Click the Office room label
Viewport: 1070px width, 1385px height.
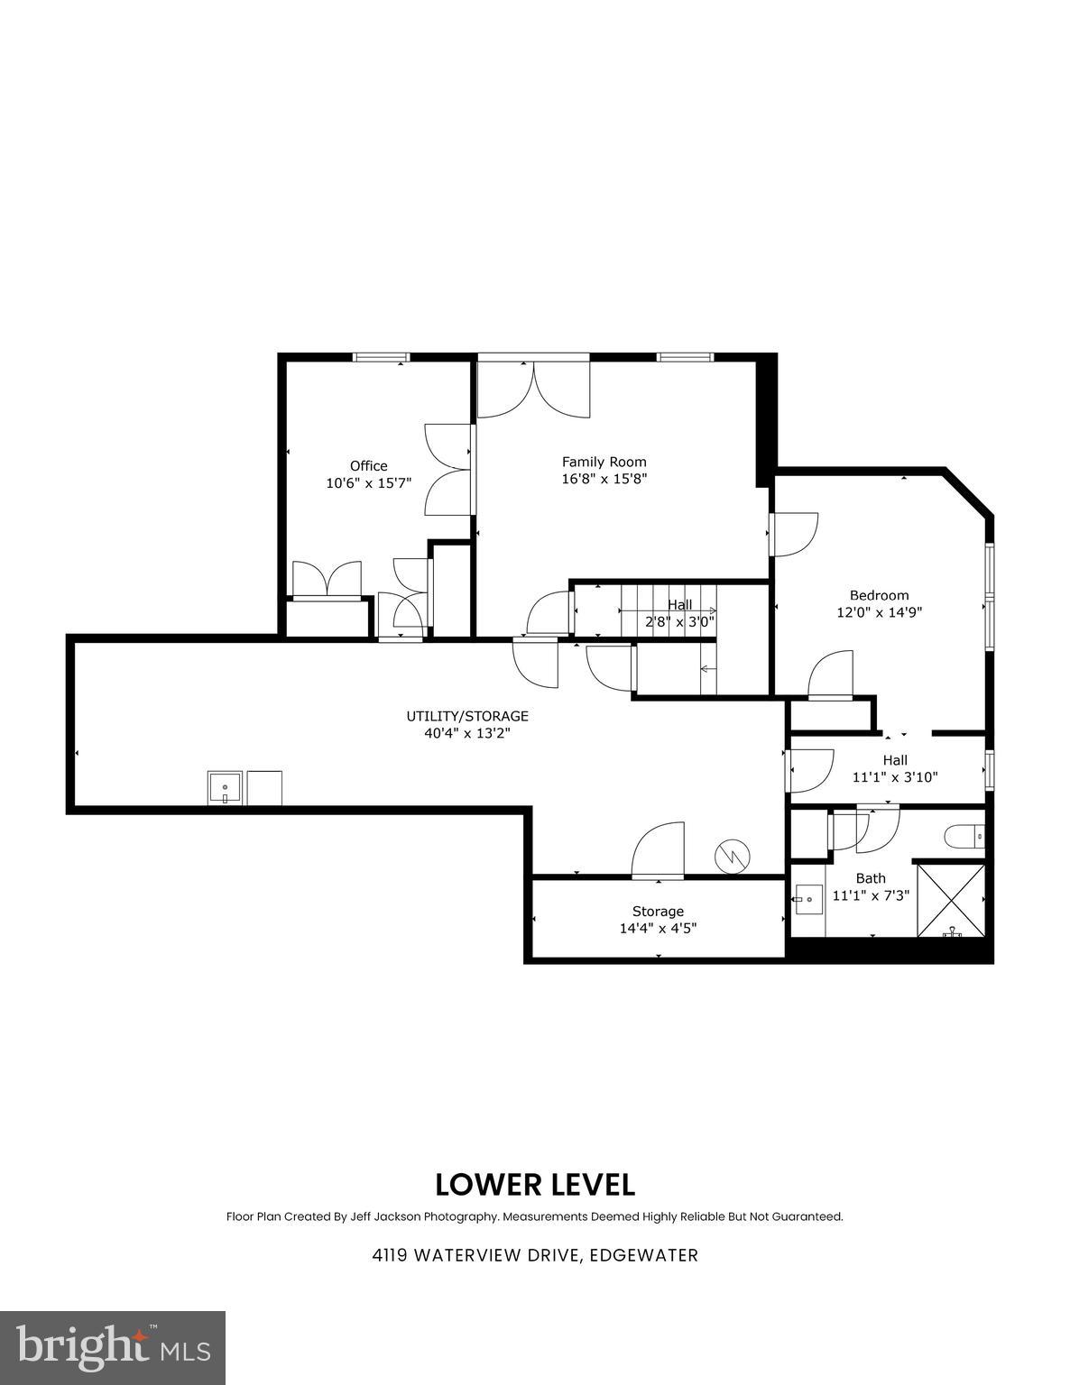click(368, 465)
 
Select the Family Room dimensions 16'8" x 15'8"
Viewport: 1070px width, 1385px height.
click(604, 479)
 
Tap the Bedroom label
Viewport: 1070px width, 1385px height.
click(879, 595)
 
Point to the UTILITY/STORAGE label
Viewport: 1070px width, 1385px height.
click(466, 716)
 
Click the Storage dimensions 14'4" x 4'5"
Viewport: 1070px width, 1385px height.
click(658, 928)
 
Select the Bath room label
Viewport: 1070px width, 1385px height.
click(871, 877)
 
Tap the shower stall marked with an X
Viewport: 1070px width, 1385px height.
click(951, 900)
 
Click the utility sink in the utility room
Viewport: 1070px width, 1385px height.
click(225, 787)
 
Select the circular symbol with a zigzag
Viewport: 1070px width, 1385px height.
click(732, 857)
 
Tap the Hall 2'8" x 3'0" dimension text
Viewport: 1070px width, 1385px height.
click(679, 621)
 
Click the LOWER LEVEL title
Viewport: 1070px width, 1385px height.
click(535, 1184)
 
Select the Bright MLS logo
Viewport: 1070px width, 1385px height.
click(113, 1347)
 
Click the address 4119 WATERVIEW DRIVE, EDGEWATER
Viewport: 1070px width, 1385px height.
click(535, 1255)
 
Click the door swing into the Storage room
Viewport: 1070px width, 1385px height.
click(658, 850)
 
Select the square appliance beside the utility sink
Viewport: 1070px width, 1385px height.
click(264, 787)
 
